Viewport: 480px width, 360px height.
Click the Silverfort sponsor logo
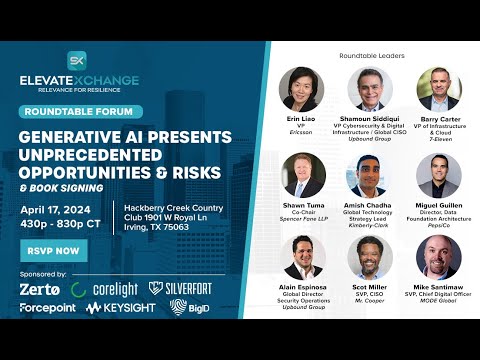183,288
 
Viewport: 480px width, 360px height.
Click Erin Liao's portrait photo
301,88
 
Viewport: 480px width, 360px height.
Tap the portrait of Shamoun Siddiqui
370,88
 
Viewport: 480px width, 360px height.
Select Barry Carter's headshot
438,88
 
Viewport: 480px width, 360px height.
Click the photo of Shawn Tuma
301,173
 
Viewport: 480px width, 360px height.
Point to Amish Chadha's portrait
370,173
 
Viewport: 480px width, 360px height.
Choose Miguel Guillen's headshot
438,173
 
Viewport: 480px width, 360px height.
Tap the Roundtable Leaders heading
370,54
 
